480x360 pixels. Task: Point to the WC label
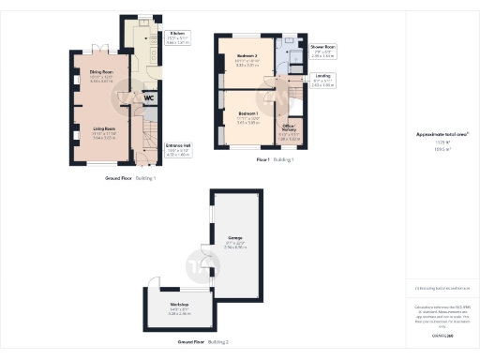click(x=147, y=97)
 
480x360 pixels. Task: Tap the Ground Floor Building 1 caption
click(x=130, y=176)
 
